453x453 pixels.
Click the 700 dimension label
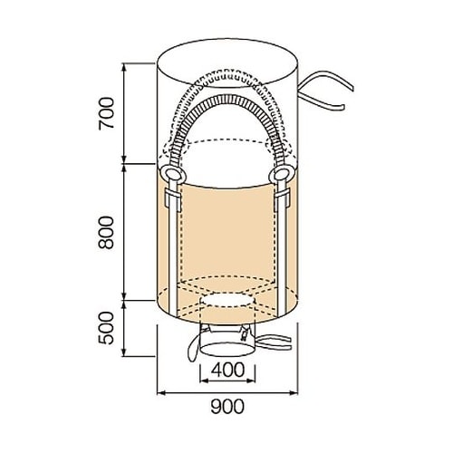pos(107,113)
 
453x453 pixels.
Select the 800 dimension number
pos(107,232)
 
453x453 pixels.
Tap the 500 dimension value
pos(107,328)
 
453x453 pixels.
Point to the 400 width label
pos(227,370)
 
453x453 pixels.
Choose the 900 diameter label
pos(227,407)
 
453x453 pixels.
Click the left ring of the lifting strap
pos(173,174)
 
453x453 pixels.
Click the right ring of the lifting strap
pos(283,174)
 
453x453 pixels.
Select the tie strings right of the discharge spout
pos(274,342)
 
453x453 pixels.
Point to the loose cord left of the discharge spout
pos(192,347)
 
